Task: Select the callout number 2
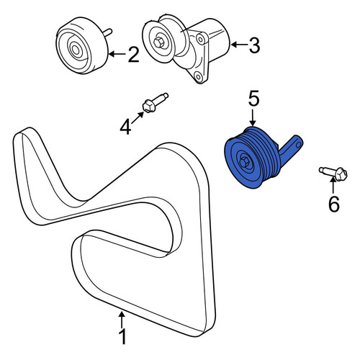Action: (x=133, y=55)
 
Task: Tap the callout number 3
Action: (x=254, y=45)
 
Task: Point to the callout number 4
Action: (x=125, y=127)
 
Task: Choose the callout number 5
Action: (x=253, y=99)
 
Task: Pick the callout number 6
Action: (x=334, y=204)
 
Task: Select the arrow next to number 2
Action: (x=117, y=54)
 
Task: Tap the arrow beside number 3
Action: (x=238, y=45)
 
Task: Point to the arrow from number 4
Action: (x=138, y=118)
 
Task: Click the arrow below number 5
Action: (x=252, y=117)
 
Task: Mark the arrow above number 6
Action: (x=333, y=185)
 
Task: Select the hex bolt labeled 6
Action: (x=333, y=174)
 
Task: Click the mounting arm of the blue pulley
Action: (x=291, y=150)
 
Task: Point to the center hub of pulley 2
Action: (x=76, y=50)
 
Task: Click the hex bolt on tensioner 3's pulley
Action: (x=158, y=43)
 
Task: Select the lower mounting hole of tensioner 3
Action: (x=198, y=77)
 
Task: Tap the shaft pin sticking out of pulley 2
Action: (x=108, y=32)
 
